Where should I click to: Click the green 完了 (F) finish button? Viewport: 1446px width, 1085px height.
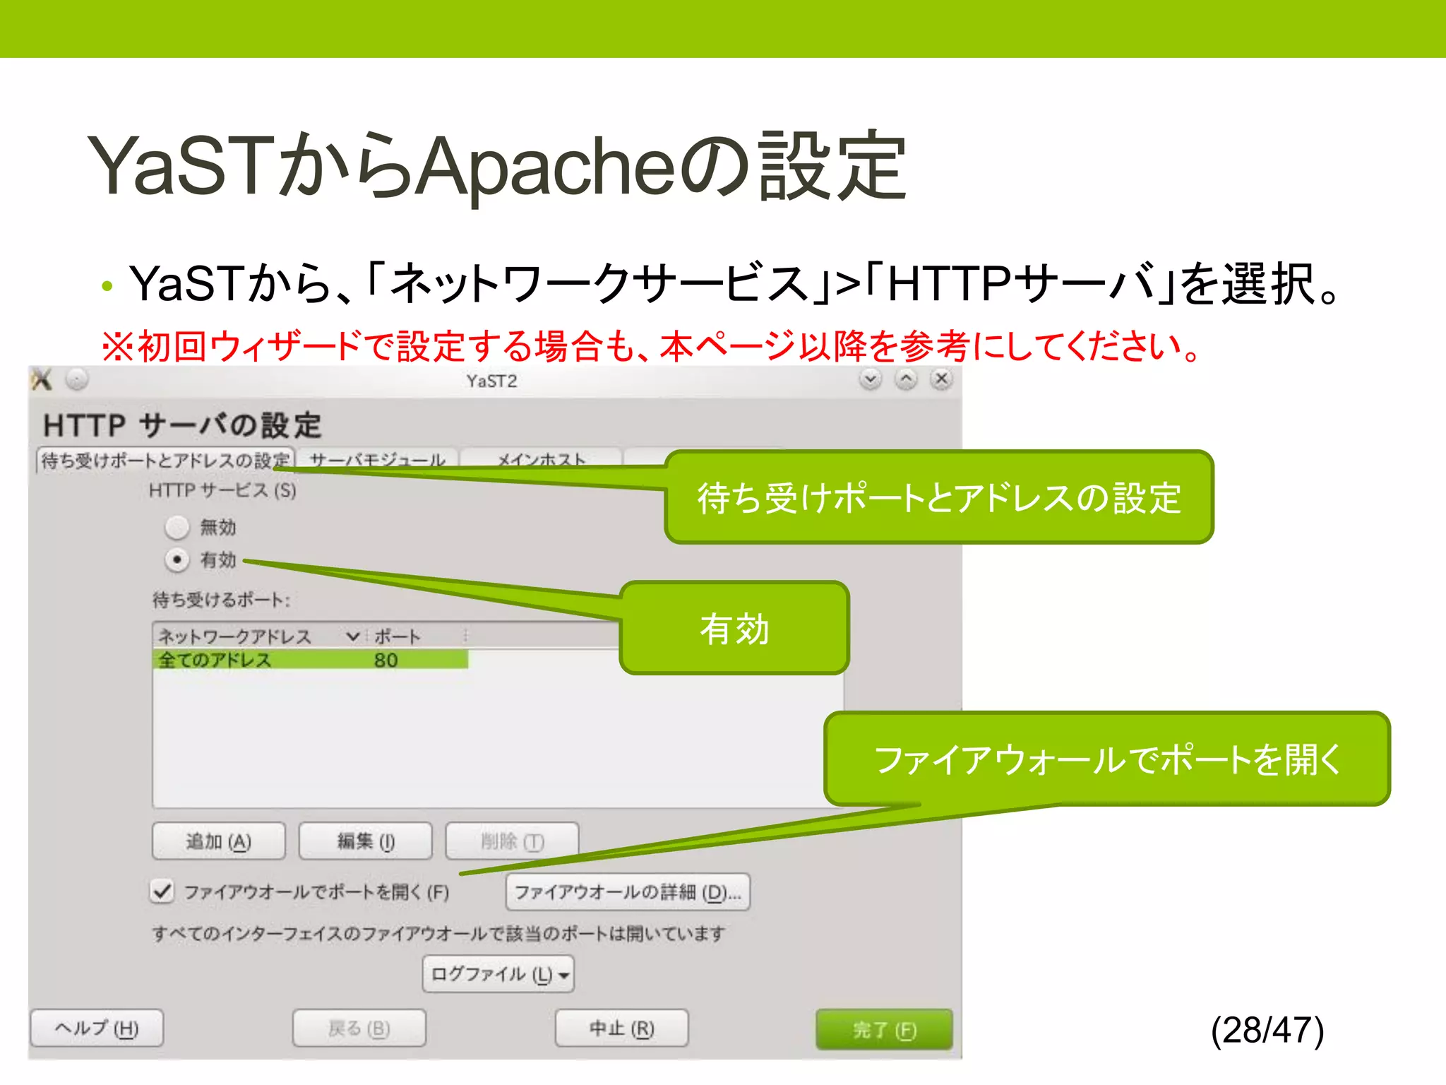point(884,1029)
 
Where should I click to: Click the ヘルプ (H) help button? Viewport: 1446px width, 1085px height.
point(97,1028)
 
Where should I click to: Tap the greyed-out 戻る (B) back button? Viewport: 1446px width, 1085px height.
point(359,1028)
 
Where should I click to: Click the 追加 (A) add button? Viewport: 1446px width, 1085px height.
point(219,841)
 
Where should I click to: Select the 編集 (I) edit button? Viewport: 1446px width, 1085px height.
point(365,841)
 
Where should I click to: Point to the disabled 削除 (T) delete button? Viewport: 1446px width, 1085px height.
point(512,841)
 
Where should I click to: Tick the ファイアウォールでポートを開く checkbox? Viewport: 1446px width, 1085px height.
point(162,891)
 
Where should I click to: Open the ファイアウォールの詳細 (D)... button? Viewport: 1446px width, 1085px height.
point(628,892)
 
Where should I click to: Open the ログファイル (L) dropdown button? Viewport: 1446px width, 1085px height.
point(498,975)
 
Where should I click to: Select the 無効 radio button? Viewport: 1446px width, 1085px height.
point(177,527)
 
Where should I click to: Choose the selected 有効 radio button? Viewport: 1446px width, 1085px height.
point(177,560)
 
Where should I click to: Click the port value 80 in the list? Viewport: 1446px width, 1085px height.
point(386,660)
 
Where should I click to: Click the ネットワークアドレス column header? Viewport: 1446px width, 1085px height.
point(234,636)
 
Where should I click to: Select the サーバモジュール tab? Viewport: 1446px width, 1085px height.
point(378,459)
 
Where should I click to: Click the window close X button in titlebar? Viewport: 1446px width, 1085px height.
point(941,379)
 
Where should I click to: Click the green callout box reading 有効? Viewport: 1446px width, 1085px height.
point(734,628)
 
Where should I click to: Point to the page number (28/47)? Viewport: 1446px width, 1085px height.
point(1267,1029)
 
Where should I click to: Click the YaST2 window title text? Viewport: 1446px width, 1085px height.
point(491,381)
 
